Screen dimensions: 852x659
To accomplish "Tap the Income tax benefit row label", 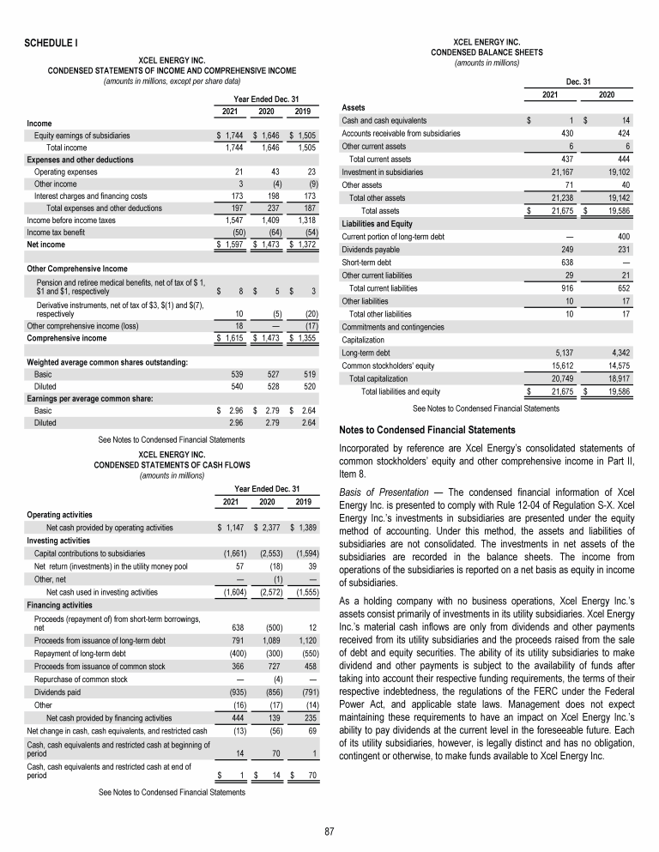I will [x=60, y=233].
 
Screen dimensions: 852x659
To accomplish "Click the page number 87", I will [x=329, y=831].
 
